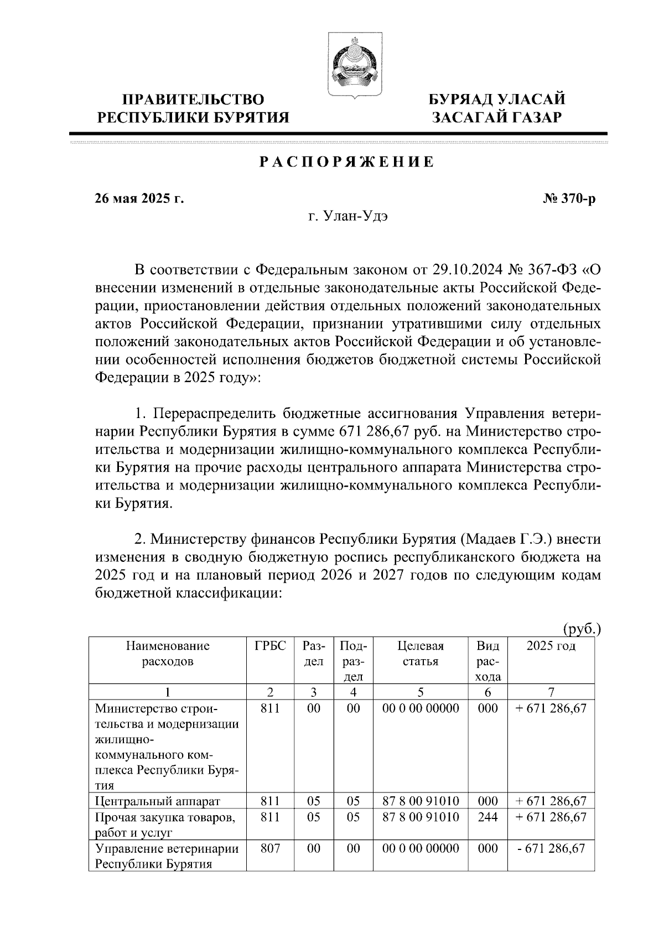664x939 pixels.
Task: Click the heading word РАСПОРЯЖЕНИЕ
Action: click(346, 163)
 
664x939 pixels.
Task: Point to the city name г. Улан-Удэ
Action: click(348, 216)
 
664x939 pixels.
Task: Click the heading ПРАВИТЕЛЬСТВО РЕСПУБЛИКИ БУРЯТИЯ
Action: click(193, 108)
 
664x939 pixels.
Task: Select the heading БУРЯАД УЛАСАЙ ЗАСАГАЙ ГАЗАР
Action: click(497, 108)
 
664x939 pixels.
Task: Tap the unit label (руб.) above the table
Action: click(582, 629)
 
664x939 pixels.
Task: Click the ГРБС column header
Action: click(270, 646)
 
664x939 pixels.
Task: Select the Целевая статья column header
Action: click(421, 654)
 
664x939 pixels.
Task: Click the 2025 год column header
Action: click(551, 646)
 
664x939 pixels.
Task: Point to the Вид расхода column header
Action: click(487, 661)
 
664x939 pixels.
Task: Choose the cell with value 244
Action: click(487, 817)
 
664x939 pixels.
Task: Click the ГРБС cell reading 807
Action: click(270, 848)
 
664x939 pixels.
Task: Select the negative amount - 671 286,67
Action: click(551, 848)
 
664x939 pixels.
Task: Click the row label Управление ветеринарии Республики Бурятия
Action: click(166, 856)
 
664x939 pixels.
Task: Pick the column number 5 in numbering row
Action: click(421, 692)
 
